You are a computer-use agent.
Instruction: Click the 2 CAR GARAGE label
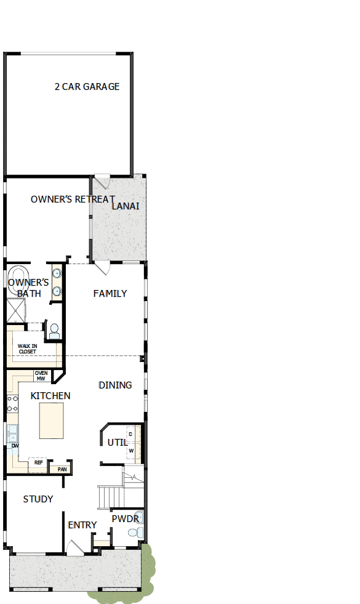pyautogui.click(x=87, y=87)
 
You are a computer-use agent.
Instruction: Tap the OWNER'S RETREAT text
pyautogui.click(x=73, y=199)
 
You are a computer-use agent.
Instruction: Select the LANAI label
pyautogui.click(x=126, y=206)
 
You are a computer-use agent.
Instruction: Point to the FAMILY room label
pyautogui.click(x=110, y=294)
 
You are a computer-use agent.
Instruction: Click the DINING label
pyautogui.click(x=115, y=385)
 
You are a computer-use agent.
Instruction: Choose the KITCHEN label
pyautogui.click(x=50, y=396)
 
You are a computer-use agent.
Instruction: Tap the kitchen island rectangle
pyautogui.click(x=51, y=421)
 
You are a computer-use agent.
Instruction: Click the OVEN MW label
pyautogui.click(x=41, y=376)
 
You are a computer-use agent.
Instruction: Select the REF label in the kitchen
pyautogui.click(x=38, y=462)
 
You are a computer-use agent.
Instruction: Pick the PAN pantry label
pyautogui.click(x=62, y=469)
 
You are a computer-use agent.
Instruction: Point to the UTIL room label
pyautogui.click(x=117, y=443)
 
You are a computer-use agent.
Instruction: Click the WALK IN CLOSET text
pyautogui.click(x=27, y=348)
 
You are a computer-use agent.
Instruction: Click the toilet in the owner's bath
pyautogui.click(x=54, y=331)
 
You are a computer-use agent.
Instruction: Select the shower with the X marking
pyautogui.click(x=15, y=311)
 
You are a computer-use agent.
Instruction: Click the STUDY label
pyautogui.click(x=38, y=499)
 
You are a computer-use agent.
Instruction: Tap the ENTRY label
pyautogui.click(x=82, y=525)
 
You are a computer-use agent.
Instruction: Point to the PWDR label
pyautogui.click(x=125, y=519)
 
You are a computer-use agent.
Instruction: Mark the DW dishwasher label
pyautogui.click(x=14, y=445)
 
